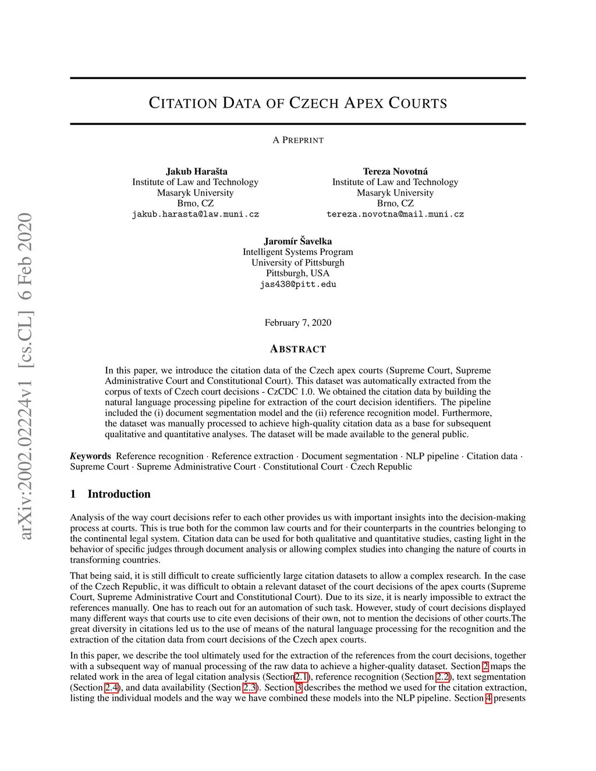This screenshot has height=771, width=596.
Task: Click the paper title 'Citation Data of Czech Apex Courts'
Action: pos(298,104)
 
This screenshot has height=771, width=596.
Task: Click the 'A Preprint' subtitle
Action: pos(298,140)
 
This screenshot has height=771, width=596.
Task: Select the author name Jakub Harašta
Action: pos(196,171)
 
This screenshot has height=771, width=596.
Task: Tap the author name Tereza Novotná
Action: pos(395,171)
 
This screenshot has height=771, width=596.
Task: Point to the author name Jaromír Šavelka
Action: pos(298,241)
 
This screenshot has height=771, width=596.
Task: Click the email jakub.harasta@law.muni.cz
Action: pos(196,214)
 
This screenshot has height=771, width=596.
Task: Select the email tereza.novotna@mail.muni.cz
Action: pos(395,214)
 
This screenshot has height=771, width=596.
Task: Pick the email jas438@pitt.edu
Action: pos(298,285)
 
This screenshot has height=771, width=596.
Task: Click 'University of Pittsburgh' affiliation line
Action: pos(298,262)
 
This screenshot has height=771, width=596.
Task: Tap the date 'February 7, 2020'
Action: pos(298,323)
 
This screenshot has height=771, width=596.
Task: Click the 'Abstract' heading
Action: pos(298,349)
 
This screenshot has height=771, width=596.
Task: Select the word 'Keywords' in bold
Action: pos(91,456)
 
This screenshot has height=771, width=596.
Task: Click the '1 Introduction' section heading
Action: pos(111,494)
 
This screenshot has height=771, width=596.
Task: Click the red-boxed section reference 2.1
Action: pos(301,677)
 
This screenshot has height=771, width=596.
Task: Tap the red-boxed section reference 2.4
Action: pos(112,688)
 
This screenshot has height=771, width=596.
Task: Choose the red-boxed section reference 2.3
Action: pos(250,688)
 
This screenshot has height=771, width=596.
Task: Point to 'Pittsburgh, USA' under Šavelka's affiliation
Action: pos(298,273)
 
